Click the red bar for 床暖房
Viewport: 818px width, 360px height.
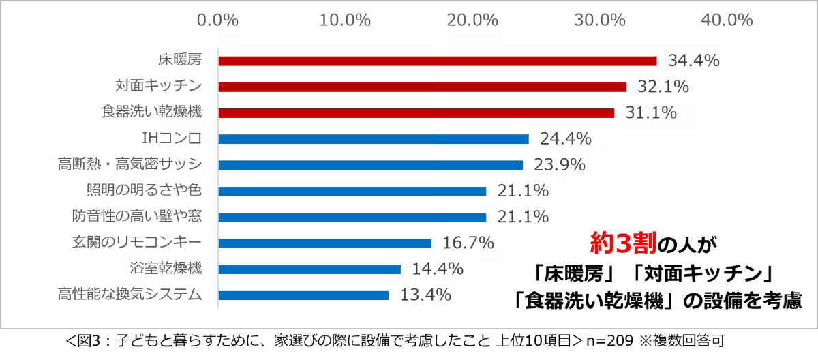[437, 61]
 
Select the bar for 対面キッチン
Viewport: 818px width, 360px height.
[423, 87]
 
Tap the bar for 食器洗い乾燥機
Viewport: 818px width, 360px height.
[416, 113]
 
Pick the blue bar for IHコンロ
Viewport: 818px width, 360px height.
[374, 139]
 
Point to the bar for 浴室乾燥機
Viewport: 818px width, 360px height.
[309, 269]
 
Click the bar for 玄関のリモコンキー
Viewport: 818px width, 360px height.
[324, 243]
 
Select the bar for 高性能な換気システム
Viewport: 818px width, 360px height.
[303, 295]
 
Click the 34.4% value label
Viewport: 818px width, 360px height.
[694, 61]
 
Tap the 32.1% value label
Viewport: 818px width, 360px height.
[663, 87]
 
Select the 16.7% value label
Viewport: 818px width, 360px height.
[468, 243]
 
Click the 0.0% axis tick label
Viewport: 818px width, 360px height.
[217, 20]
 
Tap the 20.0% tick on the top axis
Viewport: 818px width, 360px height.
[472, 20]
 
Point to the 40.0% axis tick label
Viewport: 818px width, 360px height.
[727, 20]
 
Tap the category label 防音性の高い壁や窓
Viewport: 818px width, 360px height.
[137, 217]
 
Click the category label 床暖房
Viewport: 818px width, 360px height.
[180, 61]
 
